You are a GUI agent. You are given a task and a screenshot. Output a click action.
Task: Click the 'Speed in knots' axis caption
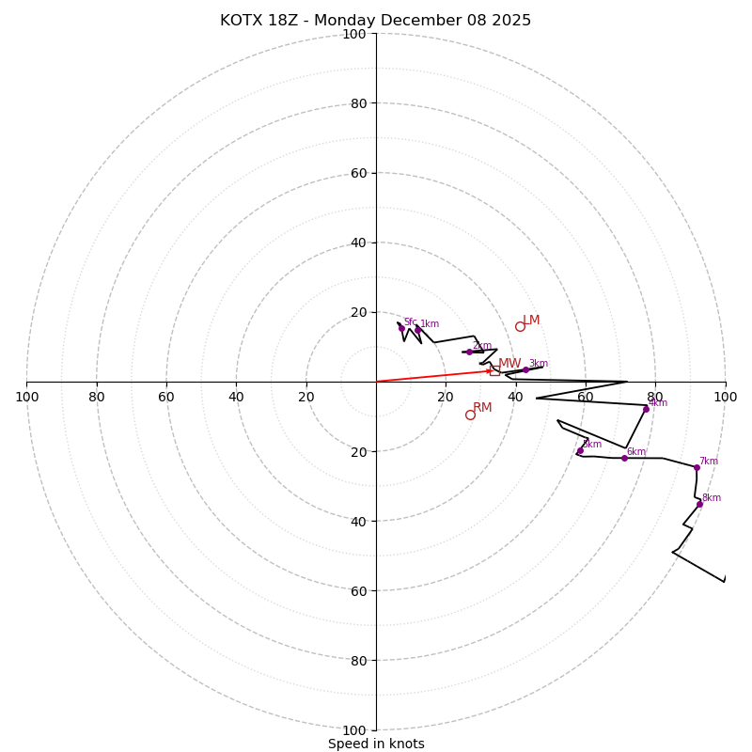[376, 744]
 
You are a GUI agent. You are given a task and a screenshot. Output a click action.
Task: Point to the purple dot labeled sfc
[401, 328]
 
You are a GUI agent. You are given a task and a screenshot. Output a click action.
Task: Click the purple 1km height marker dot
[418, 330]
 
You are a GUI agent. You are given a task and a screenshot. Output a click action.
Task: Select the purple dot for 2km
[469, 352]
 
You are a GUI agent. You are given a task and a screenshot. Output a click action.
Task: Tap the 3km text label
[538, 364]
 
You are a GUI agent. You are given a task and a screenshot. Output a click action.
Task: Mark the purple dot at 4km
[646, 409]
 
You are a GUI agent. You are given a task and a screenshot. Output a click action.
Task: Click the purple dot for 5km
[580, 450]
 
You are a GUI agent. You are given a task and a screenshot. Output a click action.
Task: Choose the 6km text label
[635, 452]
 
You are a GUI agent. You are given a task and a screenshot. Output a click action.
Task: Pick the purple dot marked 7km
[697, 467]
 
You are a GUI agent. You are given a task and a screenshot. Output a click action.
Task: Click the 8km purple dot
[699, 504]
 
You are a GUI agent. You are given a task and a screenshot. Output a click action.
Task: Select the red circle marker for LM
[520, 326]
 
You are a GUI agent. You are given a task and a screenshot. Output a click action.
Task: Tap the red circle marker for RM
[470, 415]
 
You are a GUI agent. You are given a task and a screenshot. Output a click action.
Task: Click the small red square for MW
[494, 370]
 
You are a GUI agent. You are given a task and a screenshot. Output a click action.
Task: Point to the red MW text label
[509, 364]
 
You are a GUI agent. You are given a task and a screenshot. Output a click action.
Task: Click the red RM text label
[482, 408]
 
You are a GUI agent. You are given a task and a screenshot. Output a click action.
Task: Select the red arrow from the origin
[432, 376]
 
